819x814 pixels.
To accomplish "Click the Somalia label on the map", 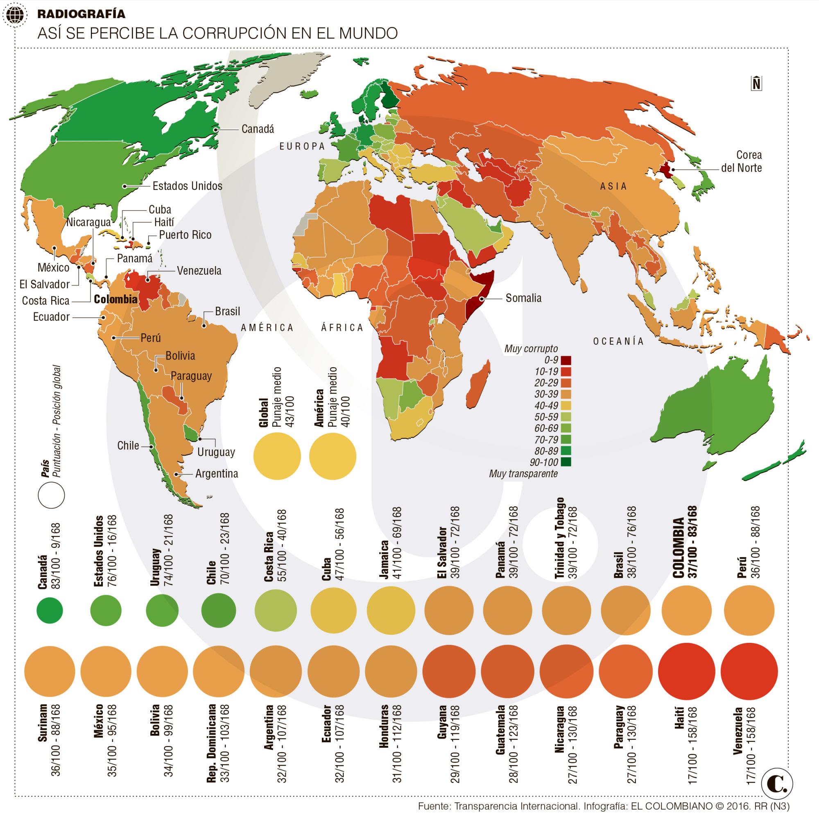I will (523, 298).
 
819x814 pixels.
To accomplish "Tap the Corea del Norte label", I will (742, 161).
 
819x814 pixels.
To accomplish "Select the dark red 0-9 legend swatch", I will (566, 360).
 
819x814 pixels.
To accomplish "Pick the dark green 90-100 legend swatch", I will (566, 462).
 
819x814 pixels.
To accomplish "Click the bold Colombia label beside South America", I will (115, 299).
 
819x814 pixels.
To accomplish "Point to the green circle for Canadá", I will (50, 610).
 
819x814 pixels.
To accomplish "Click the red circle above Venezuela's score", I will (749, 672).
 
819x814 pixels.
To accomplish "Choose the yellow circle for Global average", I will (277, 457).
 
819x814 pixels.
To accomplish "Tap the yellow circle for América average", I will (333, 457).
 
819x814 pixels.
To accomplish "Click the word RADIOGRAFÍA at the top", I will (81, 14).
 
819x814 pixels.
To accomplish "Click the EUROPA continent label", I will (302, 146).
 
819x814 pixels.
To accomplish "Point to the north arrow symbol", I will (756, 83).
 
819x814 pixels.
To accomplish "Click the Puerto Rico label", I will (185, 235).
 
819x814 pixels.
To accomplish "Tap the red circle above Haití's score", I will (684, 672).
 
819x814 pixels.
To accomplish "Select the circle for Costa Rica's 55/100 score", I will (274, 610).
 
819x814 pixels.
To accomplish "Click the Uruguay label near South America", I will (216, 452).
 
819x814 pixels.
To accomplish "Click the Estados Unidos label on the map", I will (187, 186).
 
